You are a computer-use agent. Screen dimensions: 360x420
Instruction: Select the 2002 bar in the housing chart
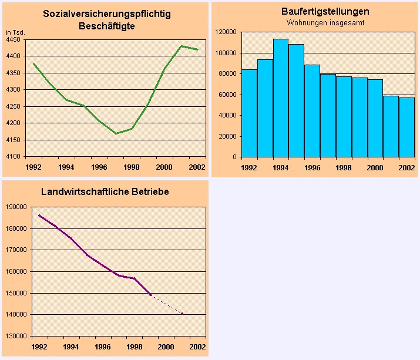pyautogui.click(x=406, y=127)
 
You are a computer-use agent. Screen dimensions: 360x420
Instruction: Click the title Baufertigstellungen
pyautogui.click(x=317, y=12)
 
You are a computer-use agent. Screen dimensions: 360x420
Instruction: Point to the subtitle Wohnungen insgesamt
pyautogui.click(x=317, y=23)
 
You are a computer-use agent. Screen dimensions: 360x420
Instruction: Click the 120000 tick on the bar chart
pyautogui.click(x=226, y=32)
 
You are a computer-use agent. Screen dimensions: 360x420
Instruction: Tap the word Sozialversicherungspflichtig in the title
pyautogui.click(x=106, y=14)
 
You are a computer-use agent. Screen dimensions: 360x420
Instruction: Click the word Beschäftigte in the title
pyautogui.click(x=106, y=26)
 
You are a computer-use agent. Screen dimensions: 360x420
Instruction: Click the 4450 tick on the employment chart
pyautogui.click(x=14, y=39)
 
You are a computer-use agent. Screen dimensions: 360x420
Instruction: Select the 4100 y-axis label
pyautogui.click(x=14, y=157)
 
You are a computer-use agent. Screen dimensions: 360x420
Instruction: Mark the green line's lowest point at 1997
pyautogui.click(x=116, y=133)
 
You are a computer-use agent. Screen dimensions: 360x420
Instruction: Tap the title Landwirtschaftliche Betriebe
pyautogui.click(x=105, y=191)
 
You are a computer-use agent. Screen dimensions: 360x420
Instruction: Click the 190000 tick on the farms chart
pyautogui.click(x=16, y=207)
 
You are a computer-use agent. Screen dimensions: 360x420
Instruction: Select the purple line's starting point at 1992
pyautogui.click(x=39, y=215)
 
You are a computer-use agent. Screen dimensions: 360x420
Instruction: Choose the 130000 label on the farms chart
pyautogui.click(x=16, y=337)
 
